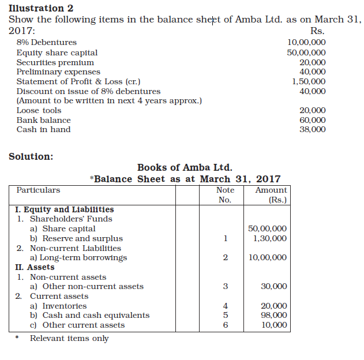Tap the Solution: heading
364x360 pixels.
coord(31,156)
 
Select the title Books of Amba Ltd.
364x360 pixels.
coord(185,168)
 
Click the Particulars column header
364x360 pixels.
coord(38,190)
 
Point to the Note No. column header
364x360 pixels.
coord(225,195)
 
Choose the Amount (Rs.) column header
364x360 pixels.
coord(271,195)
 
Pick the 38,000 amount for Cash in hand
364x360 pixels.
coord(313,129)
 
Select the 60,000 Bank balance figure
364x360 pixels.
coord(313,120)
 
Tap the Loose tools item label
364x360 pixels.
coord(39,110)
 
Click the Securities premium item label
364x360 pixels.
coord(55,62)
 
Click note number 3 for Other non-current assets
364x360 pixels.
coord(226,286)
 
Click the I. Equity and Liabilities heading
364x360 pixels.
coord(64,209)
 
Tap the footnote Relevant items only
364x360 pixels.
coord(69,339)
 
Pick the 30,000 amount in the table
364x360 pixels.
coord(274,286)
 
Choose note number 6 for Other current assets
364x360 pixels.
coord(226,325)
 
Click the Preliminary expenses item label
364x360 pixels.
coord(58,72)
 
